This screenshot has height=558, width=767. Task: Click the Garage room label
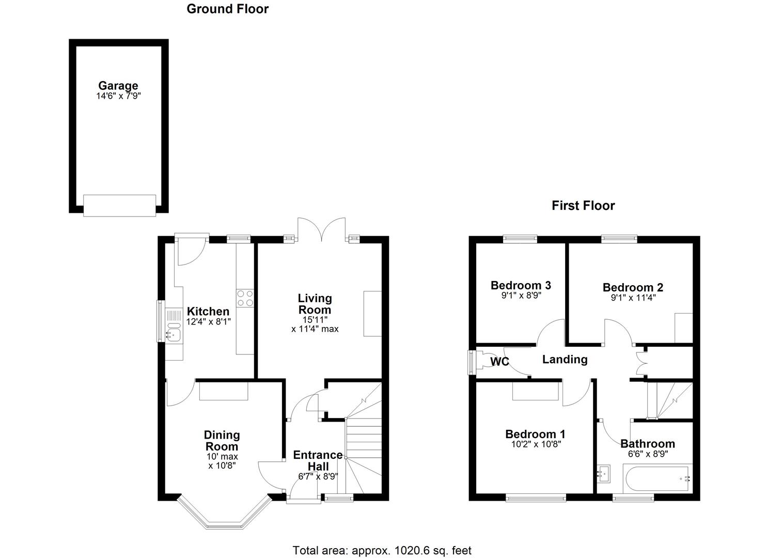118,86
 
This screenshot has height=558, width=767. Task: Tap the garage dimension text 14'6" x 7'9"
118,96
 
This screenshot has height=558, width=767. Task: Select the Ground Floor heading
227,9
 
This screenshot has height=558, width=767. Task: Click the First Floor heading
583,206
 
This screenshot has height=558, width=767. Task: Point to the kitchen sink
174,335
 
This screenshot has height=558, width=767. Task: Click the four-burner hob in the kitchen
245,299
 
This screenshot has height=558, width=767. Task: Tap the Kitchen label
208,312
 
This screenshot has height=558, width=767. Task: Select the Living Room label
315,304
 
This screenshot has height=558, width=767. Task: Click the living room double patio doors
323,229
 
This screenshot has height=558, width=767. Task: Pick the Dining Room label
222,441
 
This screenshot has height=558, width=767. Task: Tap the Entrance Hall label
318,460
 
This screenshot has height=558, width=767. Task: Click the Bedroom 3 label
521,285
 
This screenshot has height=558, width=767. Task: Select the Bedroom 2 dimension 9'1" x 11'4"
633,298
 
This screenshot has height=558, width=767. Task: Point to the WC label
499,362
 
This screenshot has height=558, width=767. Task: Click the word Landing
565,360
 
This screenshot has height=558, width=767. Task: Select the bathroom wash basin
603,473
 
